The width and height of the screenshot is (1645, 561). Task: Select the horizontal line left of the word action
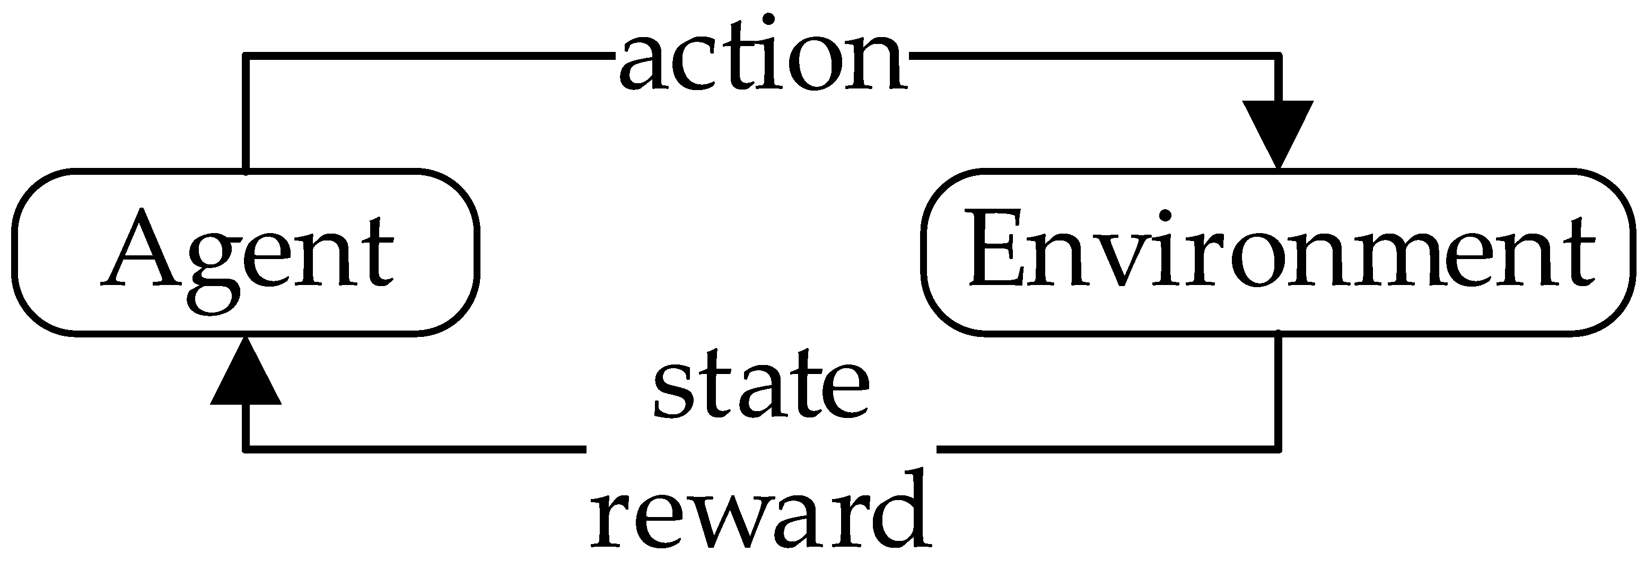coord(428,57)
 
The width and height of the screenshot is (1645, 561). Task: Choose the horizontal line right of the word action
coord(1092,57)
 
